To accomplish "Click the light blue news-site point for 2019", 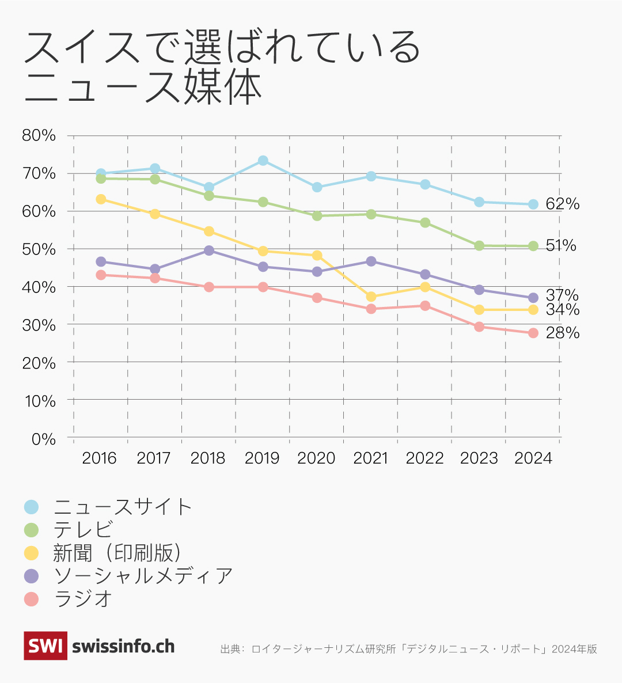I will click(x=263, y=161).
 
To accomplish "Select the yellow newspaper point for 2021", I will click(x=371, y=297).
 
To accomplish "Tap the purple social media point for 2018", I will click(x=209, y=251).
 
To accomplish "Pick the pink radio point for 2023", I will click(x=479, y=327).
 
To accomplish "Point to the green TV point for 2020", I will click(x=317, y=215).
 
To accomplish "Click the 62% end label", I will click(x=562, y=204).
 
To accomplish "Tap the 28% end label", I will click(x=562, y=333).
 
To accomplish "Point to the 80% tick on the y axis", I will click(x=39, y=136).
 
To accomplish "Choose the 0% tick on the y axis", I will click(x=43, y=439).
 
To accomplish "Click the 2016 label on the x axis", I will click(x=99, y=458).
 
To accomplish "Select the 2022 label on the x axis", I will click(x=424, y=458).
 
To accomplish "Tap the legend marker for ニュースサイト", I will click(x=31, y=507).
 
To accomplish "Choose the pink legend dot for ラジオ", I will click(x=31, y=599).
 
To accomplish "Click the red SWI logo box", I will click(x=45, y=646).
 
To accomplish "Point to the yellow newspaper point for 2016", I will click(x=101, y=199).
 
